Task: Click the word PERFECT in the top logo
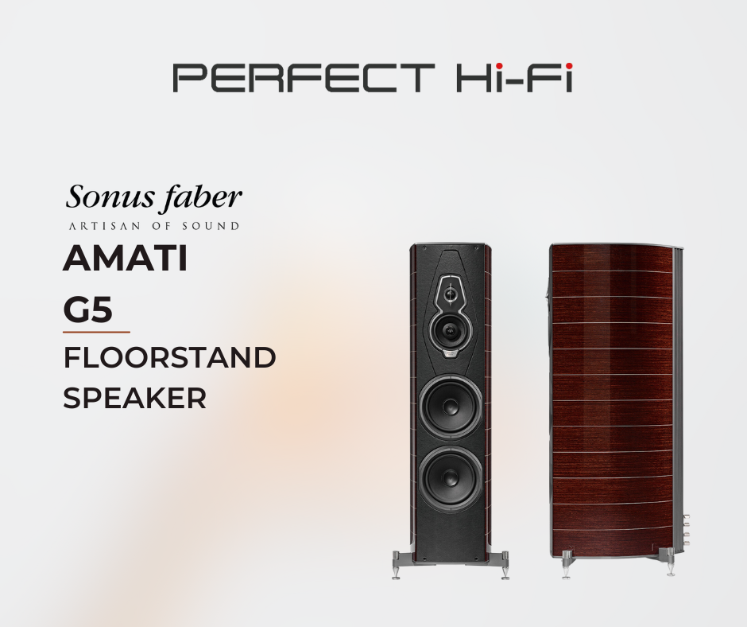click(x=304, y=78)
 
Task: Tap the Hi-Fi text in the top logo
click(x=514, y=78)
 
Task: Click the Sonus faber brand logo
click(x=153, y=197)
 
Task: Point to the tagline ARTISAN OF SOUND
click(x=154, y=226)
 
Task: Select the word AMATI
click(x=126, y=258)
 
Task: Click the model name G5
click(x=87, y=310)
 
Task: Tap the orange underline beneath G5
click(x=96, y=332)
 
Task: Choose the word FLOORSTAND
click(x=169, y=358)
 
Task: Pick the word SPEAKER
click(x=135, y=398)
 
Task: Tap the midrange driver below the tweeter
click(x=451, y=330)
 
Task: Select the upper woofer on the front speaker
click(x=451, y=407)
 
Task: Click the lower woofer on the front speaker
click(x=451, y=477)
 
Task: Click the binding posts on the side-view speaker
click(x=686, y=532)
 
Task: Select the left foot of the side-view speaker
click(x=567, y=564)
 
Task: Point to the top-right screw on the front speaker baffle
click(x=476, y=248)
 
